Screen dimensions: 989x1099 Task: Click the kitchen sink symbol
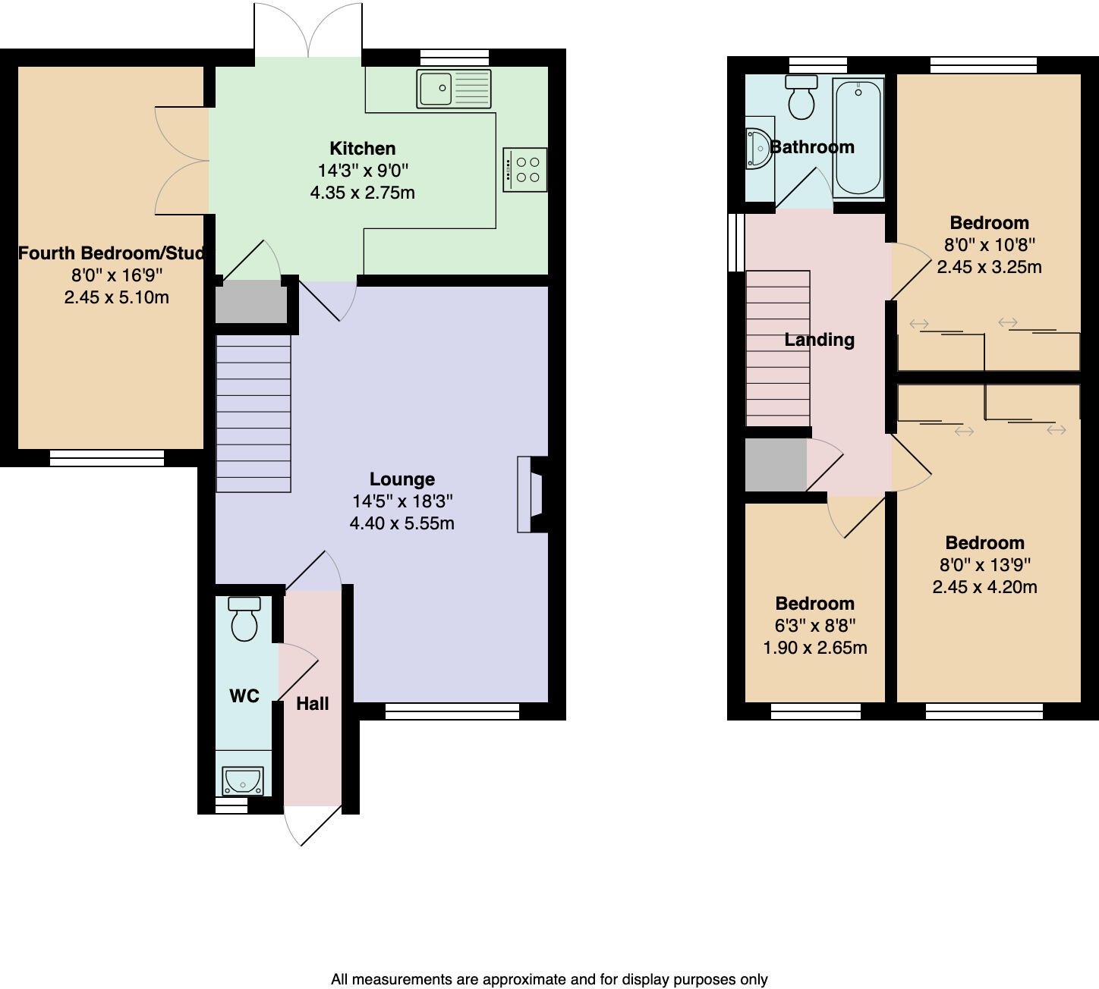454,88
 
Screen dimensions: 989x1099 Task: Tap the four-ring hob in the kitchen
525,169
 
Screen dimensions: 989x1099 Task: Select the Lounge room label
402,479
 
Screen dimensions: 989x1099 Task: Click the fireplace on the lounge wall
532,494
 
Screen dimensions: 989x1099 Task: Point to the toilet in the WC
244,620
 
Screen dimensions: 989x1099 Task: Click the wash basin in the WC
242,780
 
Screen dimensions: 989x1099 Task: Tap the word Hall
312,704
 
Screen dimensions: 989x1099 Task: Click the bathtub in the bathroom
858,138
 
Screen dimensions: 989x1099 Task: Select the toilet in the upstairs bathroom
801,98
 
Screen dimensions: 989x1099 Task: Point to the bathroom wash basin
757,147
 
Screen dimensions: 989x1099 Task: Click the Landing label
819,340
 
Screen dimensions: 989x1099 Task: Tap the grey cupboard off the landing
775,464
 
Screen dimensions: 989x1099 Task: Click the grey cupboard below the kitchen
250,302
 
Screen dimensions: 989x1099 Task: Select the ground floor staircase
253,413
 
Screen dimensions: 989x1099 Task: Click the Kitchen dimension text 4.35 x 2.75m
362,193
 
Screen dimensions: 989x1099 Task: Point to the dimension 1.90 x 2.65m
814,648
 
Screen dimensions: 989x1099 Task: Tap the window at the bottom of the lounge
452,711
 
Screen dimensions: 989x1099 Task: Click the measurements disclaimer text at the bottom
549,979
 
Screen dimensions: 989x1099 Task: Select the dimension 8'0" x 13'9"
984,565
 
